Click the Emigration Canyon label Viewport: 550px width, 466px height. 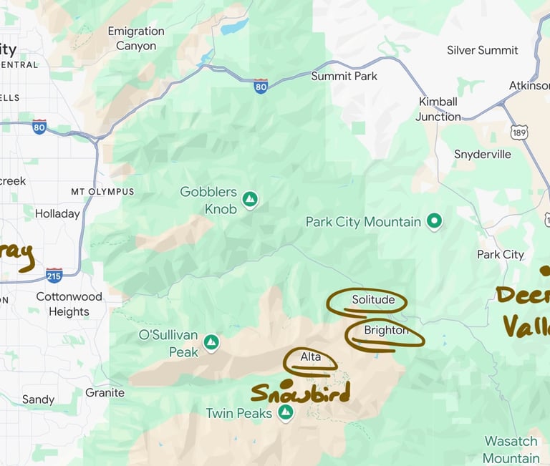136,39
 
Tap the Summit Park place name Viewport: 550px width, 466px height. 344,76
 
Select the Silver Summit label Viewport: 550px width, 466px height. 483,50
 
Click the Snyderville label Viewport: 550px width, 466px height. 483,155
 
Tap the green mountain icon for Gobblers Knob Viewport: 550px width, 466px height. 250,199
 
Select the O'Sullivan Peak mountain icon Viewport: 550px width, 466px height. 211,343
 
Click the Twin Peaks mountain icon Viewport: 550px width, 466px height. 286,412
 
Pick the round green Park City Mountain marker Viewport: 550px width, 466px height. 433,221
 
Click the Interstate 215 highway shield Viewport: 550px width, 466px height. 54,275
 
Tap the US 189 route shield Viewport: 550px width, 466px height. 520,132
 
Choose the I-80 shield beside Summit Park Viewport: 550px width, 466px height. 261,87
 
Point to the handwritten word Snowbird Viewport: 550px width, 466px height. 300,392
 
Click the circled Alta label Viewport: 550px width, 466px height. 311,357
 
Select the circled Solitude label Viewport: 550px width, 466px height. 373,299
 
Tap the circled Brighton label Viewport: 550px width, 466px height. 385,331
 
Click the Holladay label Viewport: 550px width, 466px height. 57,213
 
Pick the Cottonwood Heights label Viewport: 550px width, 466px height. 69,304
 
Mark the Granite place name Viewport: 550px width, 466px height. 105,392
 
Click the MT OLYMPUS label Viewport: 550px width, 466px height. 102,192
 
